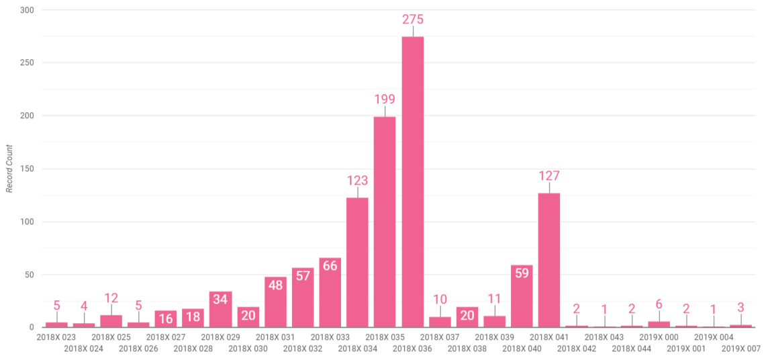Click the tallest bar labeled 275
click(412, 181)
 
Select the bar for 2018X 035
click(385, 222)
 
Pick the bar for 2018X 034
click(357, 262)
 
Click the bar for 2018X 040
click(522, 296)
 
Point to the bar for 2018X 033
click(330, 293)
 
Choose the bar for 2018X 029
click(220, 310)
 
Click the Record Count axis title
click(9, 169)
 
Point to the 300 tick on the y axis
click(28, 11)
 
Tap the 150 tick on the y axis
click(28, 169)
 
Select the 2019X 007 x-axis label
click(741, 349)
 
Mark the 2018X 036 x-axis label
click(412, 349)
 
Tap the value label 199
click(385, 99)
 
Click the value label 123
click(357, 180)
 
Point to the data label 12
click(111, 298)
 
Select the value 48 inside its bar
click(275, 285)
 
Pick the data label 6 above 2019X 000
click(659, 304)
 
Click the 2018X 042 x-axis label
click(577, 349)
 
